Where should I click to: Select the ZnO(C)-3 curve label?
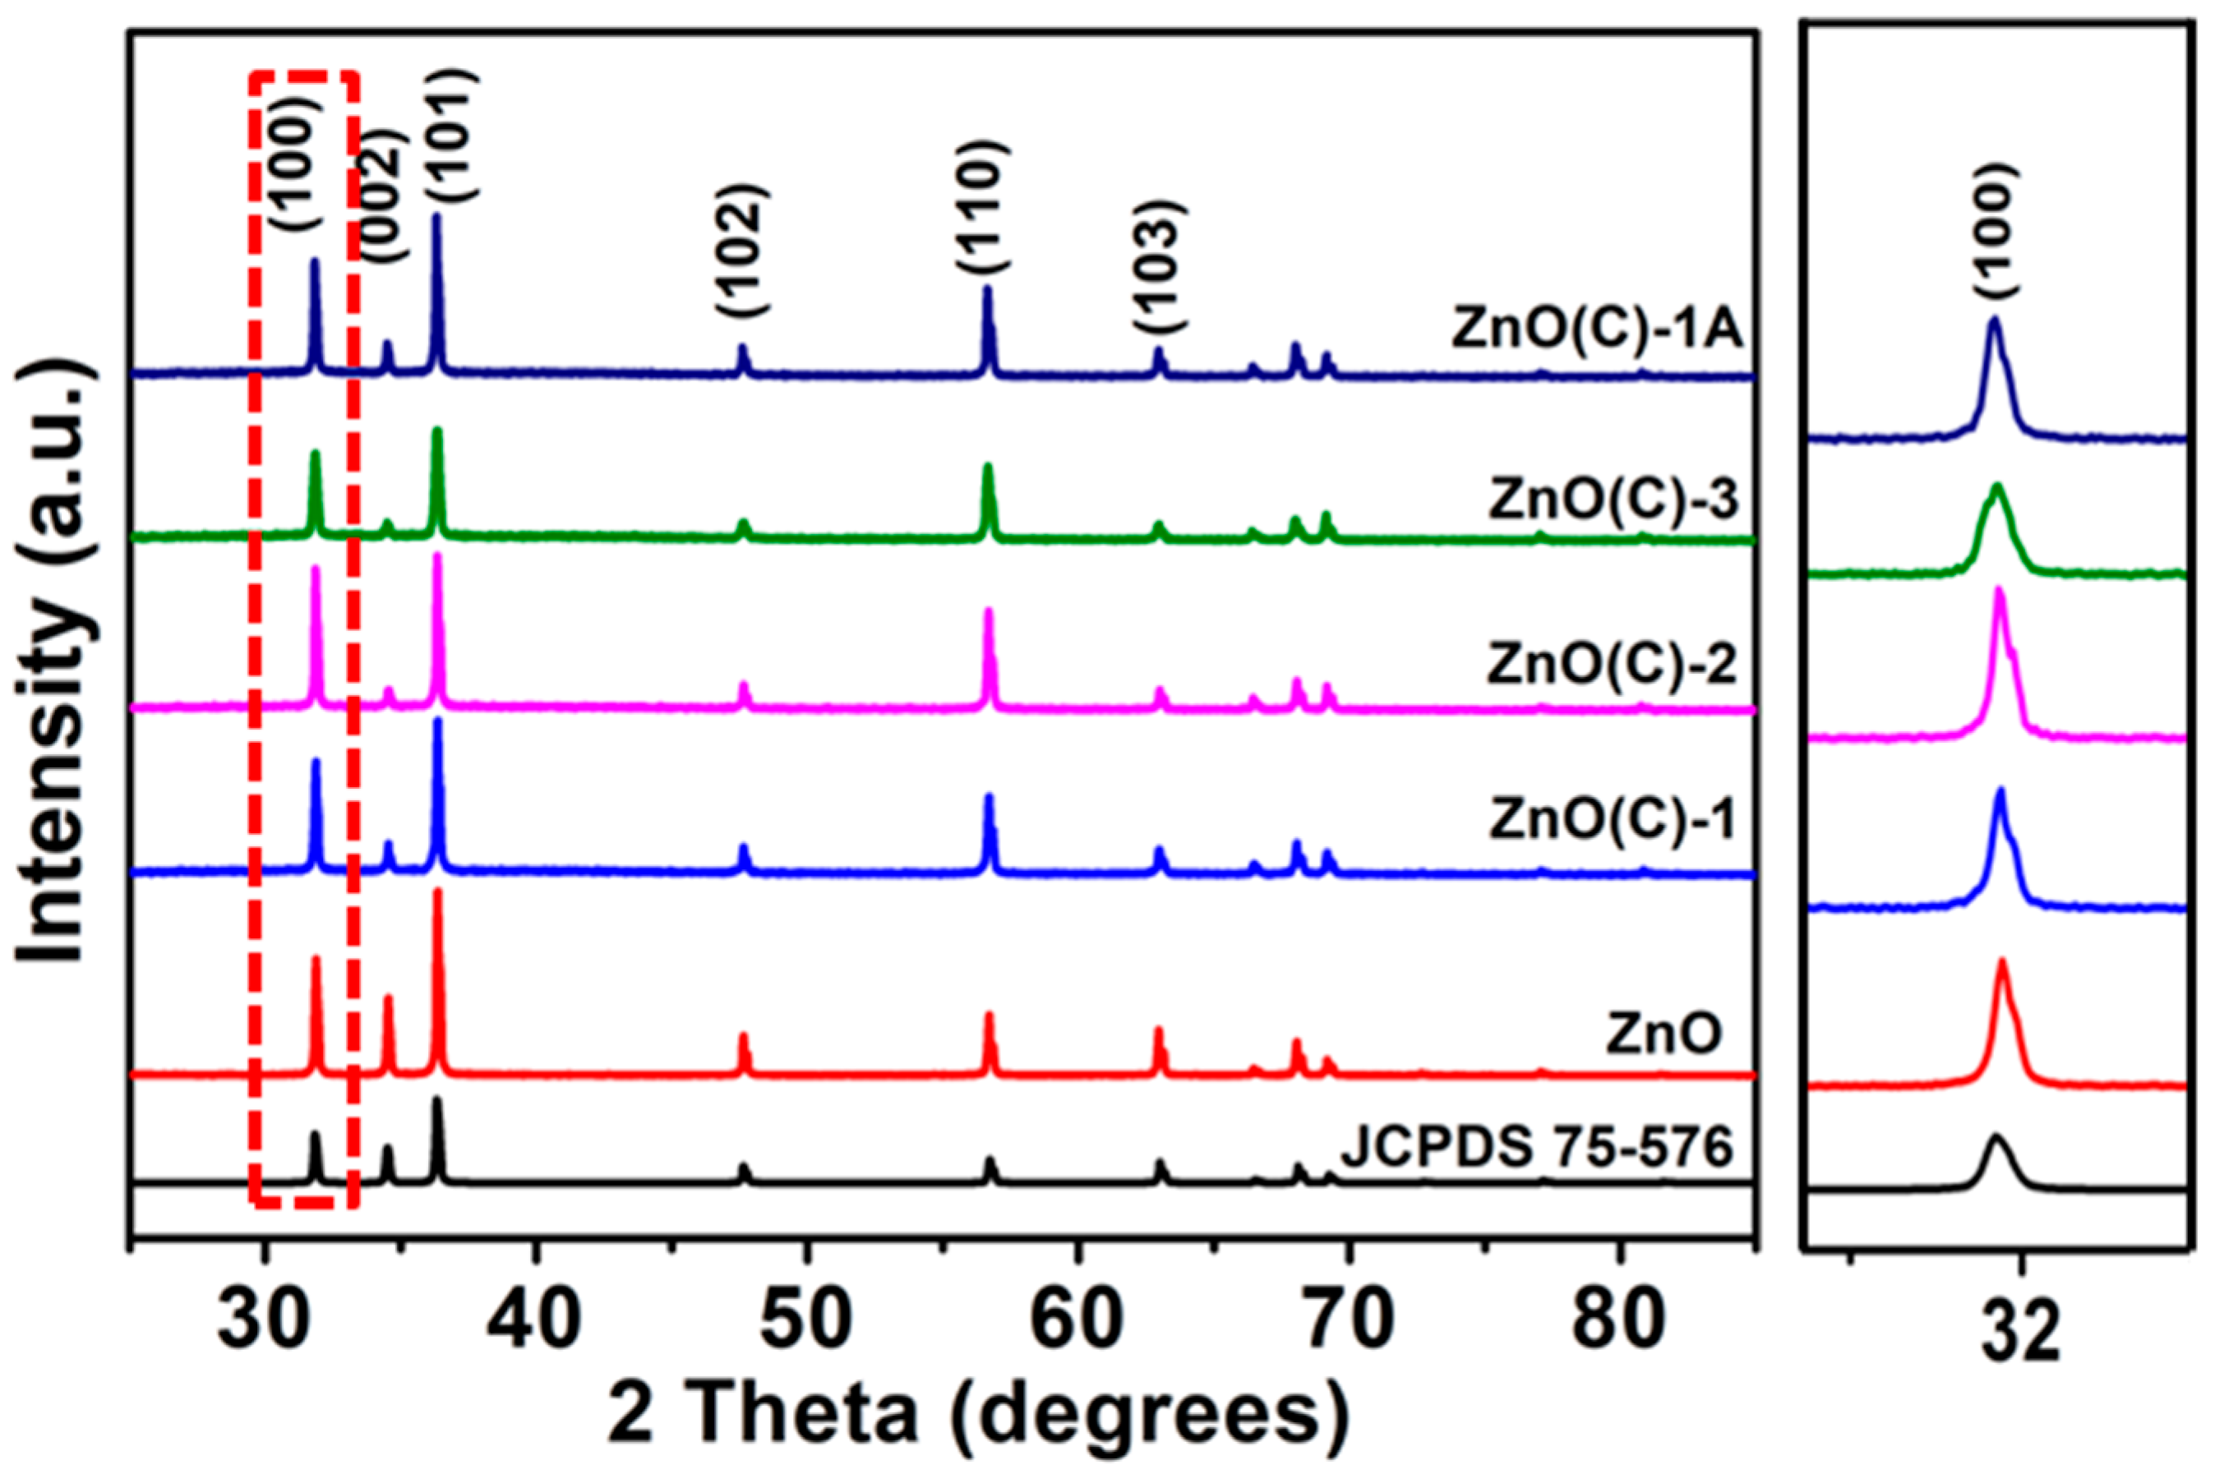[1614, 502]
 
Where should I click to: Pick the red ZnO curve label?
[1664, 1035]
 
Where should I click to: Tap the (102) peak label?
[742, 248]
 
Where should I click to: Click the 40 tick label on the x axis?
[534, 1325]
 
